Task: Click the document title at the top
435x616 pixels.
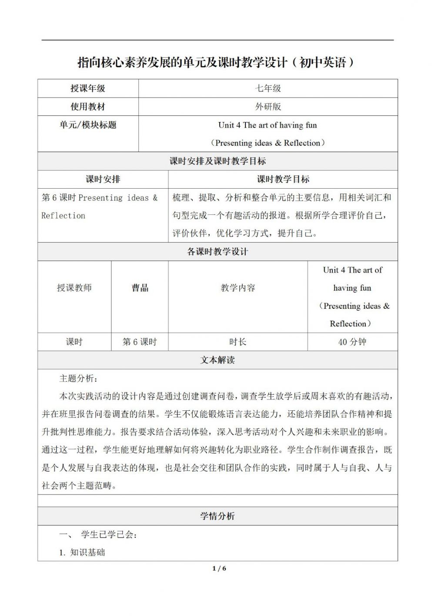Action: click(x=216, y=62)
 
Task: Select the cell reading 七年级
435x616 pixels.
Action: click(x=268, y=88)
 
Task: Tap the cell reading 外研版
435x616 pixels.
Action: click(x=268, y=107)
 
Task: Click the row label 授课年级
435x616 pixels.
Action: click(x=88, y=88)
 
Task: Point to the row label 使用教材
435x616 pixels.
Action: click(x=88, y=107)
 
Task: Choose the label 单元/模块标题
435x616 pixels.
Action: click(x=88, y=125)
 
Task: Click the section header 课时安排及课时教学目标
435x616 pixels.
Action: click(x=217, y=161)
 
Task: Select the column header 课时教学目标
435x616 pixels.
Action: click(x=283, y=179)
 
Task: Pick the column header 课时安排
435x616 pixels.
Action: click(x=103, y=179)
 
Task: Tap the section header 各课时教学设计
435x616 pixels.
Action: click(x=217, y=252)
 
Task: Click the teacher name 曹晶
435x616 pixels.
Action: click(x=140, y=288)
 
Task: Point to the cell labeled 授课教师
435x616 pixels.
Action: click(x=74, y=288)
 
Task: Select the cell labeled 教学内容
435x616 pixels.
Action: click(x=238, y=288)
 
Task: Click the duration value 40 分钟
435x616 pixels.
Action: click(x=352, y=342)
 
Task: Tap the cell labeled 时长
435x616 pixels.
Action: click(x=238, y=342)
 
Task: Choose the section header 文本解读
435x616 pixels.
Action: click(x=217, y=360)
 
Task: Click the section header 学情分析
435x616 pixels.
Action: click(x=217, y=516)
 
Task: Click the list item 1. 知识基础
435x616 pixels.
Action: click(x=82, y=552)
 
